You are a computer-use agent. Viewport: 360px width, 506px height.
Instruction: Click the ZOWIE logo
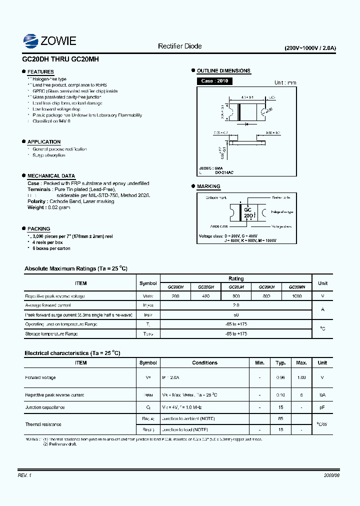(49, 40)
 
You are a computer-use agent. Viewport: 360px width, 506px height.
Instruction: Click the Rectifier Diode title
(179, 46)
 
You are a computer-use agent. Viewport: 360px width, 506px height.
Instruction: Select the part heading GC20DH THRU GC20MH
(60, 58)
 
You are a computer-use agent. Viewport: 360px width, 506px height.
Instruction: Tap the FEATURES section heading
(40, 72)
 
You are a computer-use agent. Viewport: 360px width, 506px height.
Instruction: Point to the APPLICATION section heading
(44, 142)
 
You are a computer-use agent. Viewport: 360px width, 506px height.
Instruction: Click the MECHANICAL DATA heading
(51, 176)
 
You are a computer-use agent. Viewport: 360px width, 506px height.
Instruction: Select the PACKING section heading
(38, 228)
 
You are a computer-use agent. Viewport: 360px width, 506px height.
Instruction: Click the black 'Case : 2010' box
(214, 81)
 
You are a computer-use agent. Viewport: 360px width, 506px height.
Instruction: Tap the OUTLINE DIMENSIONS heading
(223, 71)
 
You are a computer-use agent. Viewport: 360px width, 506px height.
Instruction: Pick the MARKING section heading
(208, 186)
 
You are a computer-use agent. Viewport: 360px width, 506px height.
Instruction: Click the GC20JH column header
(236, 287)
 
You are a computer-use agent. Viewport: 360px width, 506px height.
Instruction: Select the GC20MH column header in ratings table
(296, 287)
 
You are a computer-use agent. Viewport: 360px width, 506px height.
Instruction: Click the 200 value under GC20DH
(175, 296)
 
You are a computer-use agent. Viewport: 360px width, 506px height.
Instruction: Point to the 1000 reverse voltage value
(296, 296)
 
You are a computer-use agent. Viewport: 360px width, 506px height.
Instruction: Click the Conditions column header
(205, 362)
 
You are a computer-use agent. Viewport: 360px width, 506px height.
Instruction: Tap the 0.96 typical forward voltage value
(280, 377)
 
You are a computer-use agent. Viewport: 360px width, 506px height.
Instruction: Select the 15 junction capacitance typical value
(280, 407)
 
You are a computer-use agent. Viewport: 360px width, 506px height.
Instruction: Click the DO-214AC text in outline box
(224, 172)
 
